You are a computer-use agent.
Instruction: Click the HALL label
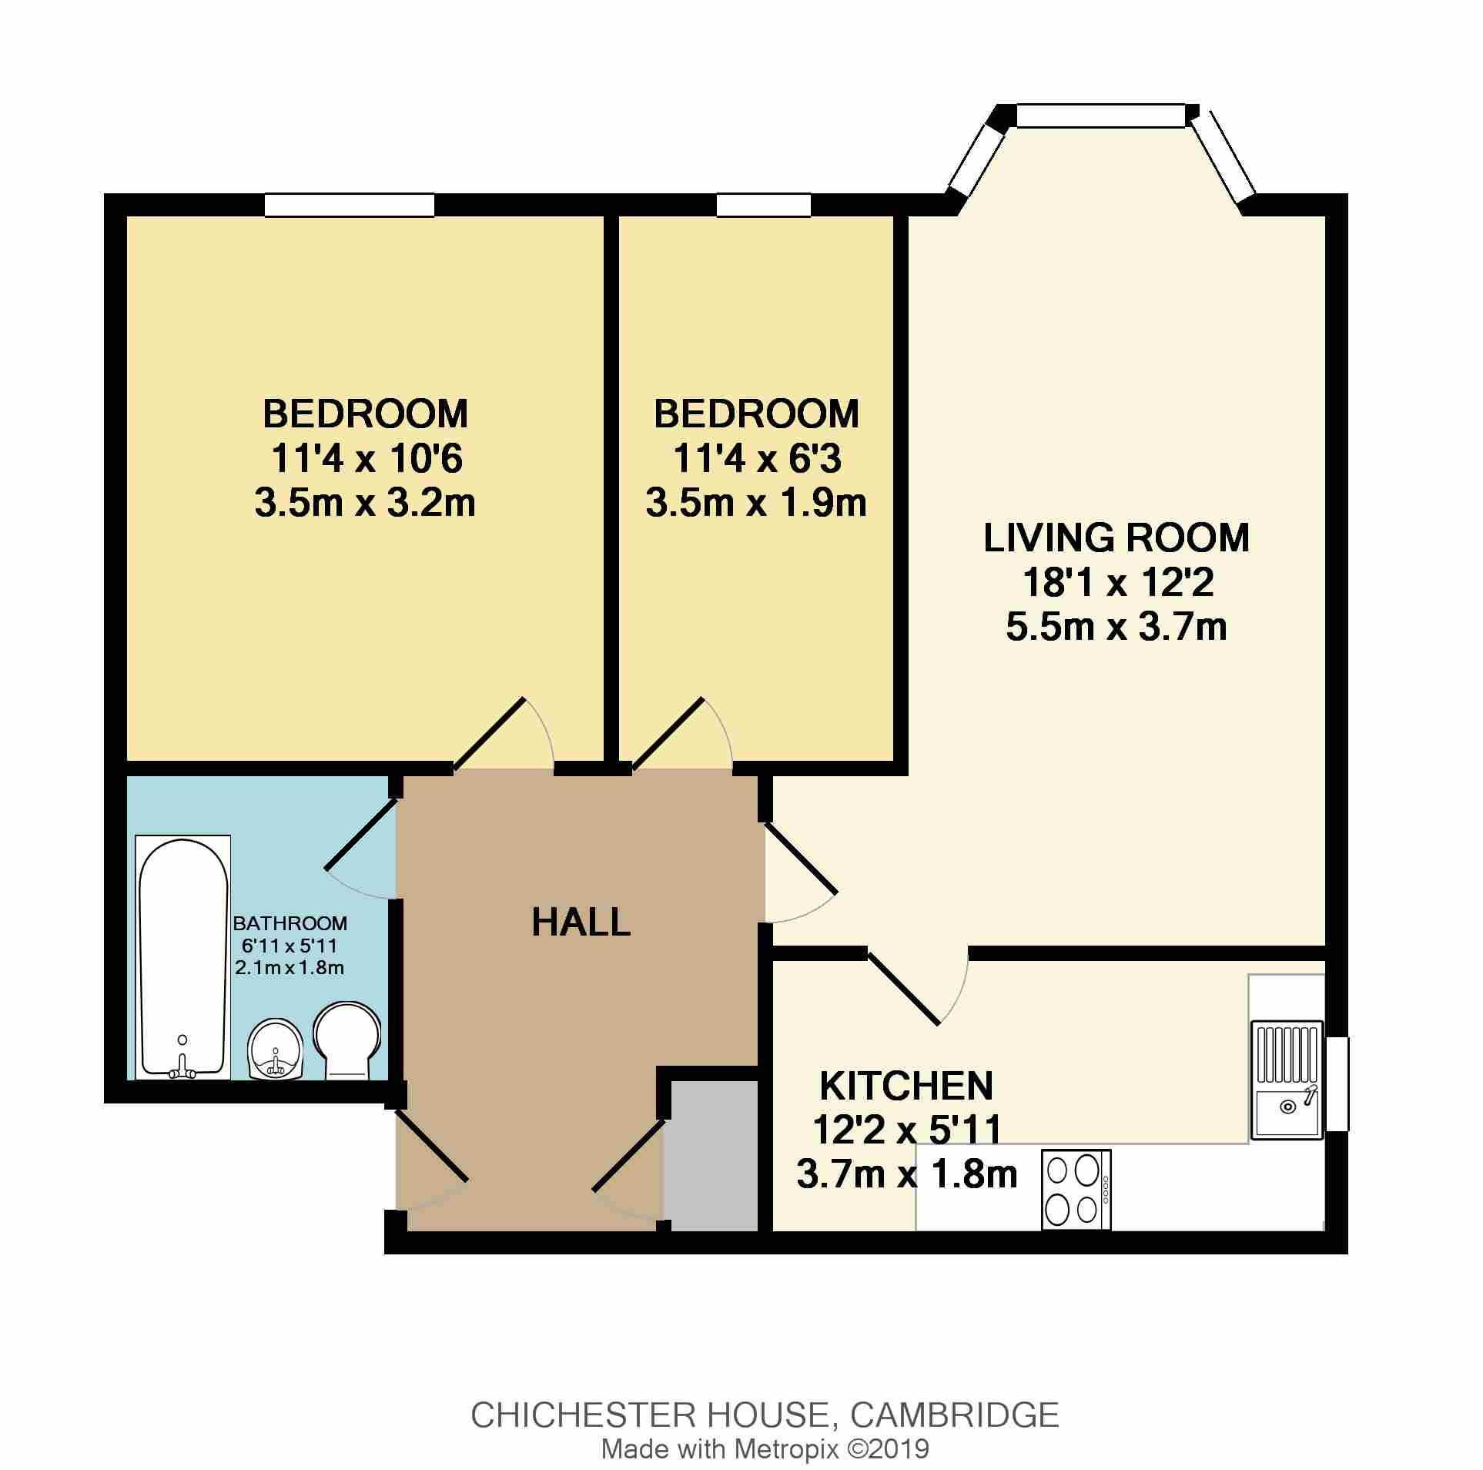tap(581, 922)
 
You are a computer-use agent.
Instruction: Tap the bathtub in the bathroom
tap(183, 956)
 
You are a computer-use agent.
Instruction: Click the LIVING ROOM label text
tap(1116, 537)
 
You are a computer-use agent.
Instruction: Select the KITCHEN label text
tap(906, 1086)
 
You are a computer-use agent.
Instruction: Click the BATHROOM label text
tap(290, 923)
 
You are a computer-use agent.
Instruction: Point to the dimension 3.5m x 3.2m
tap(365, 503)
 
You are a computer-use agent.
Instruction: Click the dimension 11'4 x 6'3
tap(756, 459)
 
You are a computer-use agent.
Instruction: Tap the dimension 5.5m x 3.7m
tap(1116, 627)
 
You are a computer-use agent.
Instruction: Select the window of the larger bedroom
tap(350, 205)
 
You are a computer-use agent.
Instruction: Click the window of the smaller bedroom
tap(764, 205)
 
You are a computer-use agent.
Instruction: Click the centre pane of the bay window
tap(1101, 116)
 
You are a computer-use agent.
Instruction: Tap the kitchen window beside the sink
tap(1337, 1084)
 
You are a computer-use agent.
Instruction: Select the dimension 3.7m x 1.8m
tap(907, 1175)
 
